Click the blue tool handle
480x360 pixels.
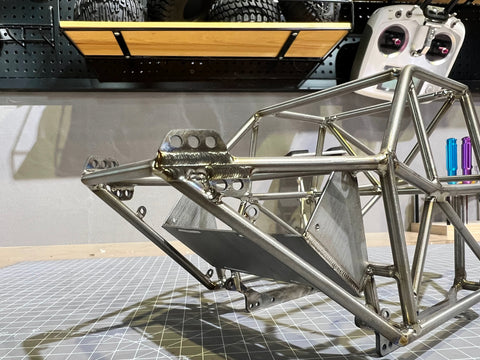(452, 159)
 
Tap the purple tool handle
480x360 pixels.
(467, 158)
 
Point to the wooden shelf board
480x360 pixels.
(200, 40)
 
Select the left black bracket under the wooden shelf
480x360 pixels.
(120, 42)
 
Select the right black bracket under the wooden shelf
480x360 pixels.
(290, 44)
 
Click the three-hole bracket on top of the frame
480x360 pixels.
(193, 143)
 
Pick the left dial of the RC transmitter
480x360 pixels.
(391, 39)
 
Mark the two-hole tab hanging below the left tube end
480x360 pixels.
(123, 192)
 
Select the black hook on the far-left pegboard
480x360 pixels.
(8, 36)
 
